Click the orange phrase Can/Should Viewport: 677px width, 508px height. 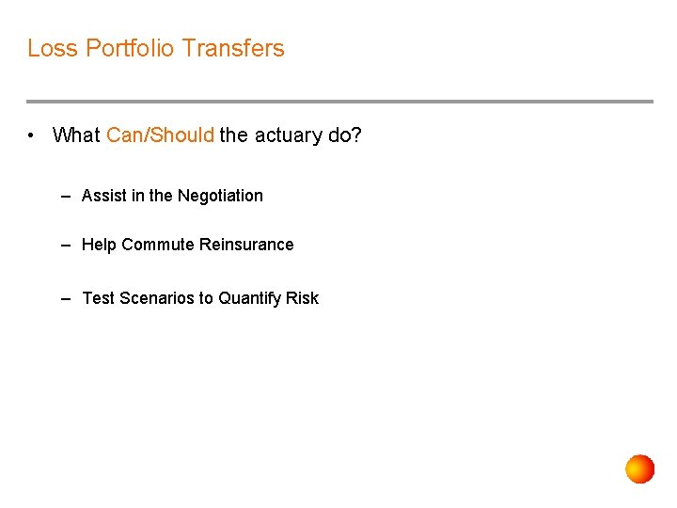[160, 135]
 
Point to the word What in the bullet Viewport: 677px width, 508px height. [76, 135]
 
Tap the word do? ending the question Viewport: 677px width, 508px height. [345, 135]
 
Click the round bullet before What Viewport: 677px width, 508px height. [32, 135]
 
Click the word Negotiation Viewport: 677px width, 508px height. [220, 196]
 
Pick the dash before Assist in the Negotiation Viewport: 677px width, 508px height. [66, 196]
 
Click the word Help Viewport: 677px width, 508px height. [99, 245]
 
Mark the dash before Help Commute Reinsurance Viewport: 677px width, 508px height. [66, 245]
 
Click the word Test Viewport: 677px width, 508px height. [98, 298]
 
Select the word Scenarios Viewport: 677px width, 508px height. [156, 298]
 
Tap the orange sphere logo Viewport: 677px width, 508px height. [640, 468]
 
